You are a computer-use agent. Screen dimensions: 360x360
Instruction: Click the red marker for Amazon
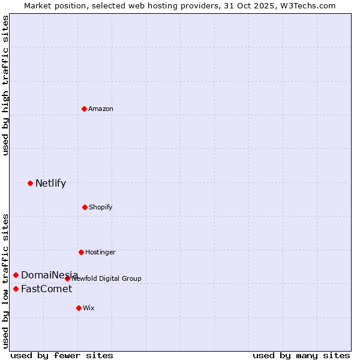point(84,109)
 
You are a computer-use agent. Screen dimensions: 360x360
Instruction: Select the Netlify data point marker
point(30,183)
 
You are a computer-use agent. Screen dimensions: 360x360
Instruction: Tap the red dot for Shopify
point(85,207)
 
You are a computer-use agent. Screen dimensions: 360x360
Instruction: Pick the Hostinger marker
point(81,252)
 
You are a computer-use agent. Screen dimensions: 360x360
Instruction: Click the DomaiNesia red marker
point(16,275)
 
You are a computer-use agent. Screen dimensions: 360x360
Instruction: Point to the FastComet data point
point(16,289)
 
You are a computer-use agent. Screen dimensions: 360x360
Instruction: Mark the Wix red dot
point(79,308)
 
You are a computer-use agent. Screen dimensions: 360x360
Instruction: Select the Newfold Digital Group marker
point(67,278)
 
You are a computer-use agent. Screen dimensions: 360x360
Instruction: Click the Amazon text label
point(101,109)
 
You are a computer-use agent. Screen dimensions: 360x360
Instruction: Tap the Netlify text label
point(50,184)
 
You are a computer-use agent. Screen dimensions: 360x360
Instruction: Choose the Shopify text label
point(101,207)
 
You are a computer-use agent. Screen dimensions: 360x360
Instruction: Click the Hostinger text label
point(100,252)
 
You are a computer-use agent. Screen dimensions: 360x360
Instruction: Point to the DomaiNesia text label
point(49,275)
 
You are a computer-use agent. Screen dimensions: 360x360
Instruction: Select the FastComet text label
point(46,289)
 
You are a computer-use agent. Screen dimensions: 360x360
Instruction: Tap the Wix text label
point(89,308)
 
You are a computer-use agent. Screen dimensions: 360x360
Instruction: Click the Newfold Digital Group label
point(107,278)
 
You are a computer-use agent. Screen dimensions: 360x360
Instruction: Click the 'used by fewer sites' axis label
point(62,355)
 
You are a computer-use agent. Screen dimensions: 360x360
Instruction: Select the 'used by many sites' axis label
point(301,355)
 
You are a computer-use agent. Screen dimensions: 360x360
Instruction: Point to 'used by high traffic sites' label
point(5,86)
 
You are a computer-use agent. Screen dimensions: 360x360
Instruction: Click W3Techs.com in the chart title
point(306,5)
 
